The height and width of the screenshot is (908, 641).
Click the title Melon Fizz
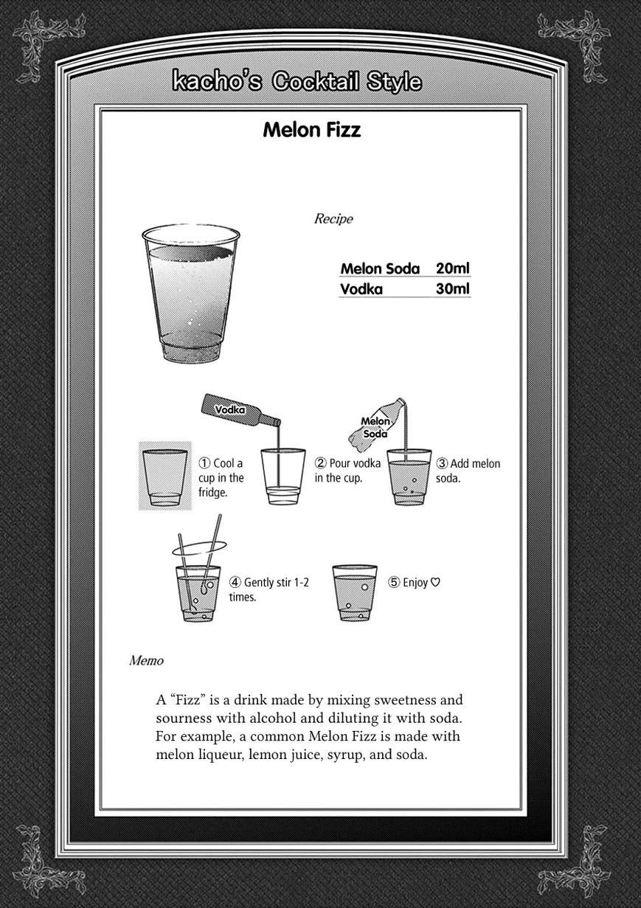point(311,131)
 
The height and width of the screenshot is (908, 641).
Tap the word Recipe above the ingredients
point(333,218)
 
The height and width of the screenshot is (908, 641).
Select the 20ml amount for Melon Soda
point(452,268)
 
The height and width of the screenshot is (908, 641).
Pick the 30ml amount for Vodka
point(452,288)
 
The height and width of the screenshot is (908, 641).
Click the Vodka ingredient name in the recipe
point(361,289)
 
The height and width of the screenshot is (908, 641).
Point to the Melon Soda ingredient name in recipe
point(380,268)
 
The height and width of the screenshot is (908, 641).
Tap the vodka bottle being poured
point(240,412)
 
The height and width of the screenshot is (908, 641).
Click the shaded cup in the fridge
point(164,476)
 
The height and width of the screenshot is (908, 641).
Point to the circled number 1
point(204,463)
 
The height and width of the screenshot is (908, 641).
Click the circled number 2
point(321,463)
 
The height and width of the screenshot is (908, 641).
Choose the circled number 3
point(442,463)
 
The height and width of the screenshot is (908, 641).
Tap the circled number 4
point(235,582)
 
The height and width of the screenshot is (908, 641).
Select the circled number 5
point(394,582)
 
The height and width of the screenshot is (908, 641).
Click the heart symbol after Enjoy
point(435,582)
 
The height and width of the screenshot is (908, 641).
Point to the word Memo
point(146,660)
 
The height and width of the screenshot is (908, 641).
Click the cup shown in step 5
point(355,593)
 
